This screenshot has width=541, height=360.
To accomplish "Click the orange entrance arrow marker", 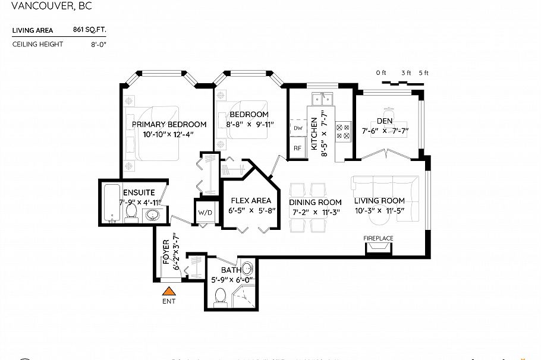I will (169, 291).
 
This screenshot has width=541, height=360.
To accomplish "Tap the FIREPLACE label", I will (379, 238).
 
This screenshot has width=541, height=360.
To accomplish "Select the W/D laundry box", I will (205, 211).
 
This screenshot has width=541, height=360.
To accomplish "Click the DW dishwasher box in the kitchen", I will (297, 128).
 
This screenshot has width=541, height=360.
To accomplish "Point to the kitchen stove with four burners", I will (344, 131).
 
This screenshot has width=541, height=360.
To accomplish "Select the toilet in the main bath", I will (220, 295).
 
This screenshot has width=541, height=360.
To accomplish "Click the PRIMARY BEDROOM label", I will (169, 124).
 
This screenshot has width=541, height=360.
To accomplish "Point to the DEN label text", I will (384, 121).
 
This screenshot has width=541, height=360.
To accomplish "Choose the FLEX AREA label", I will (250, 200).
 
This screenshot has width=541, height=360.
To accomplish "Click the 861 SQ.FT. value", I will (89, 30).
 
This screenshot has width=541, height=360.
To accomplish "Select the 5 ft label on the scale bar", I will (423, 72).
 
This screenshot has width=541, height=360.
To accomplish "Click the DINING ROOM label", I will (315, 202).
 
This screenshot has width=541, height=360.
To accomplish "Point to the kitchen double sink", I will (323, 96).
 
